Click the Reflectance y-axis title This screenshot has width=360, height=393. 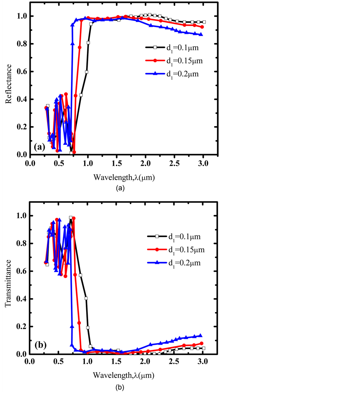(8, 85)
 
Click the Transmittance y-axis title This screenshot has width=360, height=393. (8, 284)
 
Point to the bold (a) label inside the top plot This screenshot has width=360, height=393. (40, 147)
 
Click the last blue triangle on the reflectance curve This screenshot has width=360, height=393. (201, 34)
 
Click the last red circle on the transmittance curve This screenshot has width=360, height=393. (202, 343)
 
